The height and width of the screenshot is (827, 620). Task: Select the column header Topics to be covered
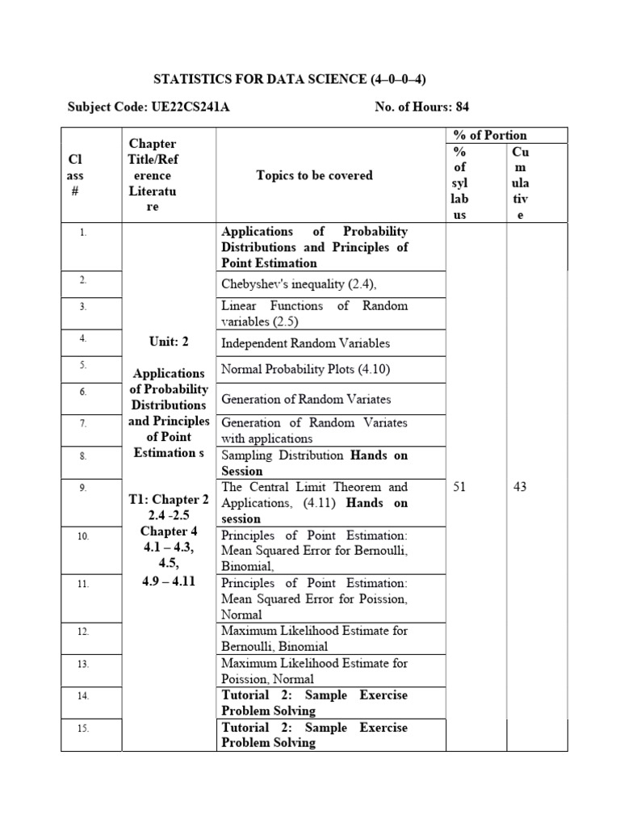pos(314,175)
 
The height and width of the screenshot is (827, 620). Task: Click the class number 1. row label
pos(83,233)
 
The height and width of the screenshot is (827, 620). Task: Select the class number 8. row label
pos(83,456)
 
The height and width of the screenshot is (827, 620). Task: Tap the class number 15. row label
pos(83,728)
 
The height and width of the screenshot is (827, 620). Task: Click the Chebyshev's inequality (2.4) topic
pos(299,283)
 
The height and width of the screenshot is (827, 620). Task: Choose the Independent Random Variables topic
pos(305,343)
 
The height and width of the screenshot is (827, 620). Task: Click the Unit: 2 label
pos(168,342)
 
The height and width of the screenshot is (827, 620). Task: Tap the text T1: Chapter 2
pos(168,499)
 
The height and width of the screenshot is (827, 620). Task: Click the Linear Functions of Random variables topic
pos(314,313)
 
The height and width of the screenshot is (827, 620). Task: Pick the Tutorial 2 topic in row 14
pos(314,703)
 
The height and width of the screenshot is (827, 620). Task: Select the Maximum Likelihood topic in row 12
pos(314,638)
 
